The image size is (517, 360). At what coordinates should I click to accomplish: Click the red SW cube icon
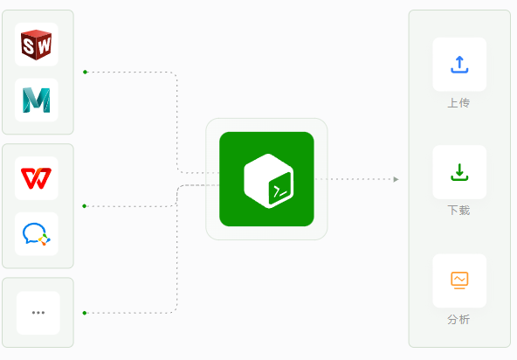(x=37, y=45)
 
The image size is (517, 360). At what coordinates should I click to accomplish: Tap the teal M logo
(x=37, y=100)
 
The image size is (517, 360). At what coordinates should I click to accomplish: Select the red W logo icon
(x=37, y=178)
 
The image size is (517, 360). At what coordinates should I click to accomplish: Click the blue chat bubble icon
(x=37, y=234)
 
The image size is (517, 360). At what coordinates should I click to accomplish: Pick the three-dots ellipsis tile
(x=38, y=313)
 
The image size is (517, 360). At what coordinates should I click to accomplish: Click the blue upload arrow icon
(x=459, y=65)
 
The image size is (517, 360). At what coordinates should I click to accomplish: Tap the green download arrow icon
(x=459, y=172)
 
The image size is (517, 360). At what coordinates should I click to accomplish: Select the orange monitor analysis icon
(x=459, y=280)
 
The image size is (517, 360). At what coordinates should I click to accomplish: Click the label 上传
(x=458, y=103)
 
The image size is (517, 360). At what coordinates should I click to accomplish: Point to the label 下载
(x=458, y=211)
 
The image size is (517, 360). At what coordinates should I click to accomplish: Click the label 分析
(x=458, y=320)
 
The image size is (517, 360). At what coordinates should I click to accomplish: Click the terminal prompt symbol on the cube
(x=280, y=190)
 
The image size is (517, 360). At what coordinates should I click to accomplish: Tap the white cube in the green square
(x=269, y=181)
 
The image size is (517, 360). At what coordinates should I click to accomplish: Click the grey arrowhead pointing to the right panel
(x=396, y=179)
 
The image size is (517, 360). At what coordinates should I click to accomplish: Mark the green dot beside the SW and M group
(x=85, y=72)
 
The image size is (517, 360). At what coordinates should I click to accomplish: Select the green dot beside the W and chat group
(x=85, y=206)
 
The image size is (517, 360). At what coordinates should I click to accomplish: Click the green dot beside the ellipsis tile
(x=85, y=313)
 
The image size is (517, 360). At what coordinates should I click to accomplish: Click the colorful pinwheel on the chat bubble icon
(x=45, y=239)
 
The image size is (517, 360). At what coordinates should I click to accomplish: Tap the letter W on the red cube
(x=44, y=45)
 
